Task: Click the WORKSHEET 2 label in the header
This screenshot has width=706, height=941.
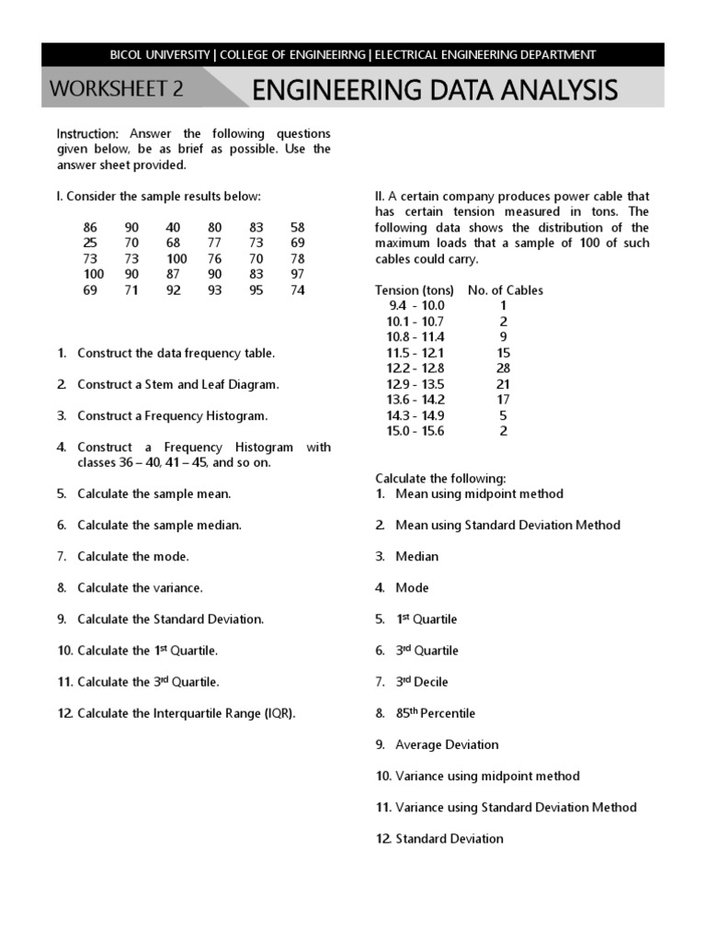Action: tap(116, 89)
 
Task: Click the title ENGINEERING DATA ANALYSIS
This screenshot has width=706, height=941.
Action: tap(434, 90)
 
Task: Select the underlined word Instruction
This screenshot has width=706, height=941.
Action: tap(87, 133)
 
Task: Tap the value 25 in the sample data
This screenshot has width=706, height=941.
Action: tap(90, 243)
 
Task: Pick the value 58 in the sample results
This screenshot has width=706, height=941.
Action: tap(297, 227)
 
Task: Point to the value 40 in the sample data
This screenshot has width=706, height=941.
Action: tap(173, 227)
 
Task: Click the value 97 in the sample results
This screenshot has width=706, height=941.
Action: tap(297, 274)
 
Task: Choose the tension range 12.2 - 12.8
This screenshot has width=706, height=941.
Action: tap(416, 368)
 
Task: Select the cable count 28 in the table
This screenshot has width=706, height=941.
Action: tap(503, 368)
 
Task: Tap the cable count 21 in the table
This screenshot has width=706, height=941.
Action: tap(503, 383)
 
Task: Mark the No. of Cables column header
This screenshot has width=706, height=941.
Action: tap(505, 290)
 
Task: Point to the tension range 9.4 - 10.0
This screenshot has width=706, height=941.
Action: tap(416, 305)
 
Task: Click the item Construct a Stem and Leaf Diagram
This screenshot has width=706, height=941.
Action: tap(177, 384)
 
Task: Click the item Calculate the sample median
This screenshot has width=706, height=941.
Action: tap(159, 525)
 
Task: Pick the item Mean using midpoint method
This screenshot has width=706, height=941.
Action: tap(479, 493)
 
